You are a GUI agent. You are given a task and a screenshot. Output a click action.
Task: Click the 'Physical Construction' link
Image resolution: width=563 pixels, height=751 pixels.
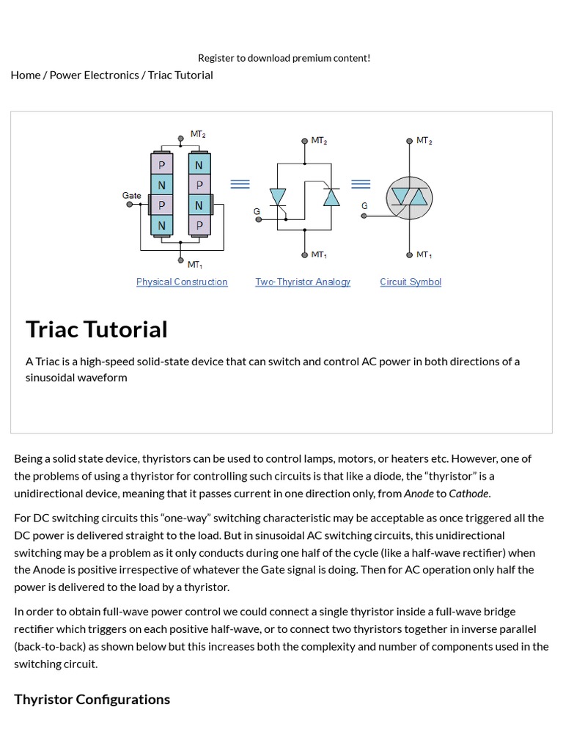coord(182,282)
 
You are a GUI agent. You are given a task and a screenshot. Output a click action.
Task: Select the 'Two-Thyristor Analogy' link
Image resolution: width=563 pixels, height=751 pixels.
coord(303,282)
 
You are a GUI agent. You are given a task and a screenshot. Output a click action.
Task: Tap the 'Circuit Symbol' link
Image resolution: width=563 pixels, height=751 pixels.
coord(411,282)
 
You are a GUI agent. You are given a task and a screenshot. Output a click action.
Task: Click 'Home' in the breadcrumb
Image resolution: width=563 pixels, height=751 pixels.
coord(26,75)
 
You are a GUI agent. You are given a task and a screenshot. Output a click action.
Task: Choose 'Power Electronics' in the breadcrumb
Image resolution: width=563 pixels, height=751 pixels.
coord(94,75)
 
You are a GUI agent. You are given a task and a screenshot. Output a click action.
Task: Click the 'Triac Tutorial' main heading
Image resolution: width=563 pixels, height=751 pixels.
coord(97,329)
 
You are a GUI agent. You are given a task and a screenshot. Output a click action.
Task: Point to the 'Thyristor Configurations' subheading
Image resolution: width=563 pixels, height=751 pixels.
coord(92,699)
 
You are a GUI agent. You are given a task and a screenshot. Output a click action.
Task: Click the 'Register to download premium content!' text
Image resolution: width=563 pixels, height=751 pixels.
coord(284,58)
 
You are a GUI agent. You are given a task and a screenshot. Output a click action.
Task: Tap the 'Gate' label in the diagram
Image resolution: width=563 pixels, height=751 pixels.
coord(132,196)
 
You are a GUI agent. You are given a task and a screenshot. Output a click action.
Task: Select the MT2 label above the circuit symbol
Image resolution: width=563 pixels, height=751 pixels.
coord(424,140)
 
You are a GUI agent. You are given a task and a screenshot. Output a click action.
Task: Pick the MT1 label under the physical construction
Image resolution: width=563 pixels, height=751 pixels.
coord(195,265)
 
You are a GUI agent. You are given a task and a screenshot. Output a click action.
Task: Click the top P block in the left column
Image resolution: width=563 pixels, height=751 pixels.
coord(162,166)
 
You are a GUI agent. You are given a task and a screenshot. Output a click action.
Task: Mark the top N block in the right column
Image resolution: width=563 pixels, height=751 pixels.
coord(199,166)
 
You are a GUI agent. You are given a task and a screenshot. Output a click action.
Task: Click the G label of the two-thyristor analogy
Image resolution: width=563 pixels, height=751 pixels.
coord(257,211)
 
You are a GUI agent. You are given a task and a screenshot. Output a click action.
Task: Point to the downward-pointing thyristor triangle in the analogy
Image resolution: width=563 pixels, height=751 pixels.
coord(278,197)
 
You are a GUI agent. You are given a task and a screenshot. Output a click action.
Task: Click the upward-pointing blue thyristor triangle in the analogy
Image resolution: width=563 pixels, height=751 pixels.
coord(332,197)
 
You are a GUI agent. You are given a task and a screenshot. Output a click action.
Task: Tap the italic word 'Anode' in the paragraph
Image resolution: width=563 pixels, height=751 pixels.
coord(419,493)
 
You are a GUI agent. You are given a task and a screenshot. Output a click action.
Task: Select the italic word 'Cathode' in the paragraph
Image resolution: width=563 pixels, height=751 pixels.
coord(468,493)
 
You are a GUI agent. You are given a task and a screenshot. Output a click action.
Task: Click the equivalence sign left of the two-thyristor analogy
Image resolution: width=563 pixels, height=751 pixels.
coord(240,184)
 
